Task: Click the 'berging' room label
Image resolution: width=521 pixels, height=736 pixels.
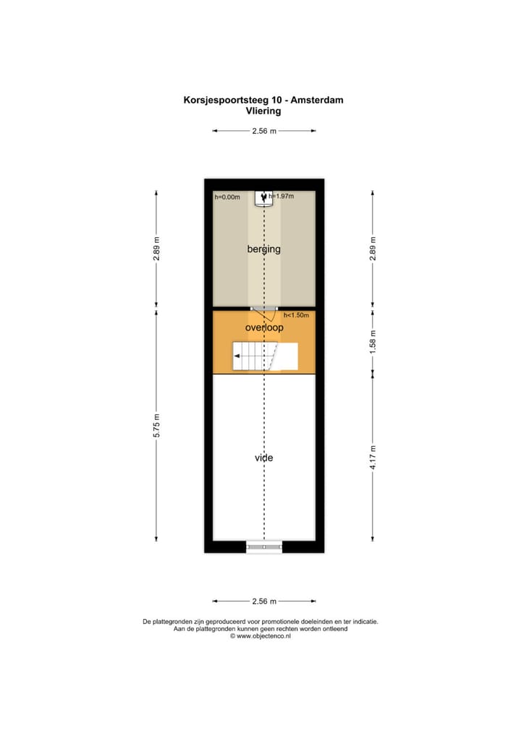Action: (263, 249)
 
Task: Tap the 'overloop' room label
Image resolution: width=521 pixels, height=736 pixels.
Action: (263, 328)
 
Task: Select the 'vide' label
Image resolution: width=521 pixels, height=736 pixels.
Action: (263, 458)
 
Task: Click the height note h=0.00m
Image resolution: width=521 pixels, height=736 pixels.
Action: (226, 197)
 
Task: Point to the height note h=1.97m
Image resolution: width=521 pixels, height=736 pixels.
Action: (281, 196)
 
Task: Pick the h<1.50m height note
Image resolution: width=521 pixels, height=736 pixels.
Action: (296, 315)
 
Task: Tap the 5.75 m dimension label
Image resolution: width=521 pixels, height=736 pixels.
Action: (156, 427)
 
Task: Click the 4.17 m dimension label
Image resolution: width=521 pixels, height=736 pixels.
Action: (373, 458)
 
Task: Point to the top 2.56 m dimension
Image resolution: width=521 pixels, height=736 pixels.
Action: (263, 131)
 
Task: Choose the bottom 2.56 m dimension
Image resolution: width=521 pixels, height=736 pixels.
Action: (263, 601)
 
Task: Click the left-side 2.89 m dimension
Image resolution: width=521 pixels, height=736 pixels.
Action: (156, 249)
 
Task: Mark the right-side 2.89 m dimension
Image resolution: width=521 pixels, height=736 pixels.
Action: (373, 249)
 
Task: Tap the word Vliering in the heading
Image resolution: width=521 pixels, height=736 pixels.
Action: (263, 111)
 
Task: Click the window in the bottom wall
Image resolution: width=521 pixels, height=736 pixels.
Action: (263, 547)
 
